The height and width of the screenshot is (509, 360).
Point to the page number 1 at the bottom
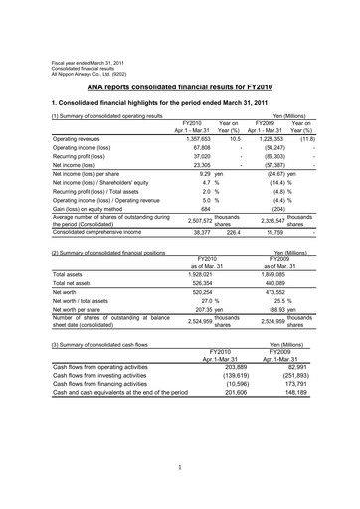pos(180,467)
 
